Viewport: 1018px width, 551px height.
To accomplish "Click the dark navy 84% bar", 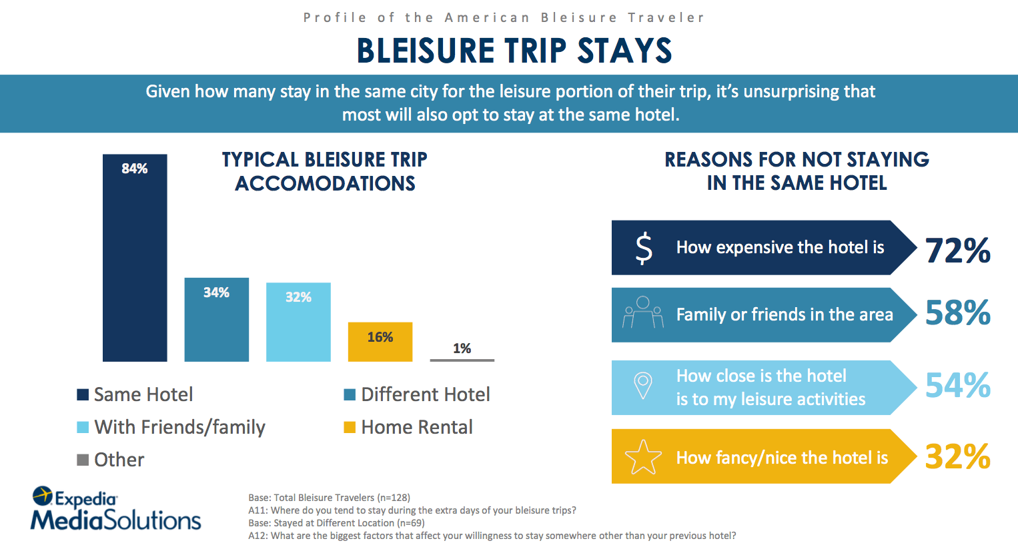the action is coord(135,258).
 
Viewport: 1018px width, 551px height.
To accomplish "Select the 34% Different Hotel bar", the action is coord(216,320).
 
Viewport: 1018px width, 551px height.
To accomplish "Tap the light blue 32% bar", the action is coord(298,322).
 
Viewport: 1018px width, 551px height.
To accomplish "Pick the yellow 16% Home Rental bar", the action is coord(380,342).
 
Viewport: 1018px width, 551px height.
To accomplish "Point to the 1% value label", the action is coord(462,348).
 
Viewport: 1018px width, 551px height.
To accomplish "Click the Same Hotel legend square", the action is coord(83,395).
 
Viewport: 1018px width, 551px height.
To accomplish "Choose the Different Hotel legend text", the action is coord(426,394).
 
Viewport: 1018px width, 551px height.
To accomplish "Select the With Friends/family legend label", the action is coord(179,428).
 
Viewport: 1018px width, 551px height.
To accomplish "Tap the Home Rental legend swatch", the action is coord(350,428).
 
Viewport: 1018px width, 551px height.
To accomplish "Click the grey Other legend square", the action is coord(83,460).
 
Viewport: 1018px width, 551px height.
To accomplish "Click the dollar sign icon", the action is coord(644,249).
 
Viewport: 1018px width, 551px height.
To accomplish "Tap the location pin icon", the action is coord(643,385).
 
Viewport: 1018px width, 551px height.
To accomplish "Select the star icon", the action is coord(643,457).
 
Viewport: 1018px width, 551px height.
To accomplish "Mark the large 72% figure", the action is coord(957,251).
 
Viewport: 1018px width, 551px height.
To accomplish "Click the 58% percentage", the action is coord(957,312).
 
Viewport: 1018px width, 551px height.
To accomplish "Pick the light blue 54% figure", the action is coord(957,385).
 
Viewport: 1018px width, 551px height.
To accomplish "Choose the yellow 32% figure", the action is coord(957,456).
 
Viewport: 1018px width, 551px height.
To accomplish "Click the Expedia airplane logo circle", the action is coord(42,496).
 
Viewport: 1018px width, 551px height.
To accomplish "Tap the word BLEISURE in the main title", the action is coord(426,51).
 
